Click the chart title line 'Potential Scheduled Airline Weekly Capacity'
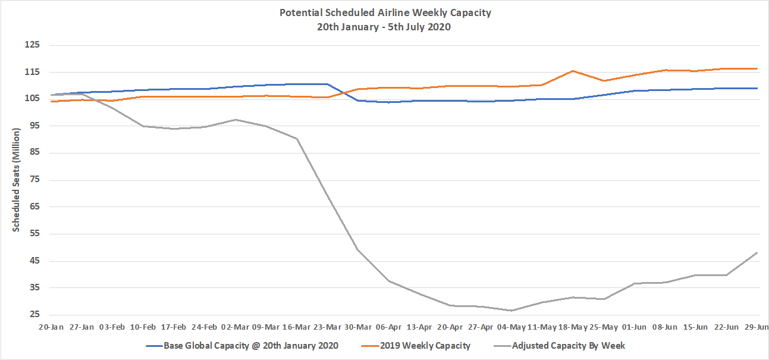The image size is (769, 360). click(x=385, y=12)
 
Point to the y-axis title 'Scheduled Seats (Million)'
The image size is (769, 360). click(x=17, y=180)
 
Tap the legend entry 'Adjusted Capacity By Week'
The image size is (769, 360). click(x=568, y=345)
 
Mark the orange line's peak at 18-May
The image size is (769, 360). click(x=573, y=71)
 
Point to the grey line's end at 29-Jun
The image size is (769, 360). click(x=757, y=253)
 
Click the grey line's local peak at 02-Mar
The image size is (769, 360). click(x=236, y=120)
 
